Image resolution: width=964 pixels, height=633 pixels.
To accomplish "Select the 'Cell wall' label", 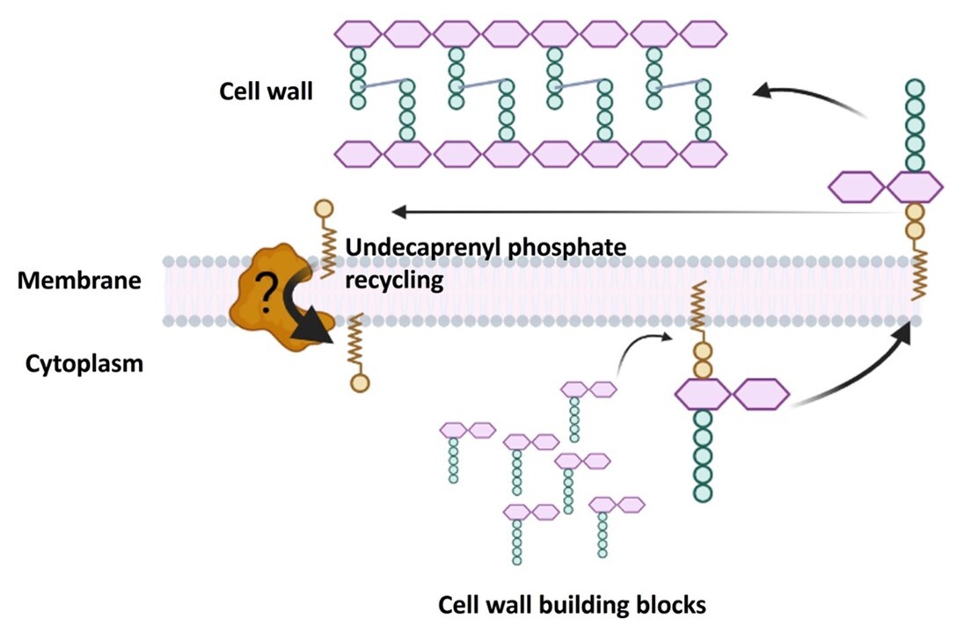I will pyautogui.click(x=266, y=91).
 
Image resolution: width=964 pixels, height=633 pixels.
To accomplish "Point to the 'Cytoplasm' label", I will pyautogui.click(x=84, y=362).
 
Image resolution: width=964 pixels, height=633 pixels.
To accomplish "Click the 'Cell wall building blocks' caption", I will pyautogui.click(x=572, y=605).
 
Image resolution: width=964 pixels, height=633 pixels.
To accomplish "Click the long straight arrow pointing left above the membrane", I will pyautogui.click(x=616, y=211).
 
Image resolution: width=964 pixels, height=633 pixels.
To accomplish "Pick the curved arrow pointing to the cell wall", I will pyautogui.click(x=809, y=97).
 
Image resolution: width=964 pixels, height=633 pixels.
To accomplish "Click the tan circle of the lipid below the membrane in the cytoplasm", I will pyautogui.click(x=358, y=382).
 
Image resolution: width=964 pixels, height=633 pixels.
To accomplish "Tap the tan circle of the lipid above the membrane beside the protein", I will pyautogui.click(x=324, y=209).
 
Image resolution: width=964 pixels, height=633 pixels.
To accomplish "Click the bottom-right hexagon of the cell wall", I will pyautogui.click(x=703, y=153).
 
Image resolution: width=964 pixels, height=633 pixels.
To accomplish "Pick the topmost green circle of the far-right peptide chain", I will pyautogui.click(x=915, y=88).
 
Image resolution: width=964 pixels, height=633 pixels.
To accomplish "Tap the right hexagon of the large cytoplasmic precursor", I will pyautogui.click(x=761, y=395).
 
